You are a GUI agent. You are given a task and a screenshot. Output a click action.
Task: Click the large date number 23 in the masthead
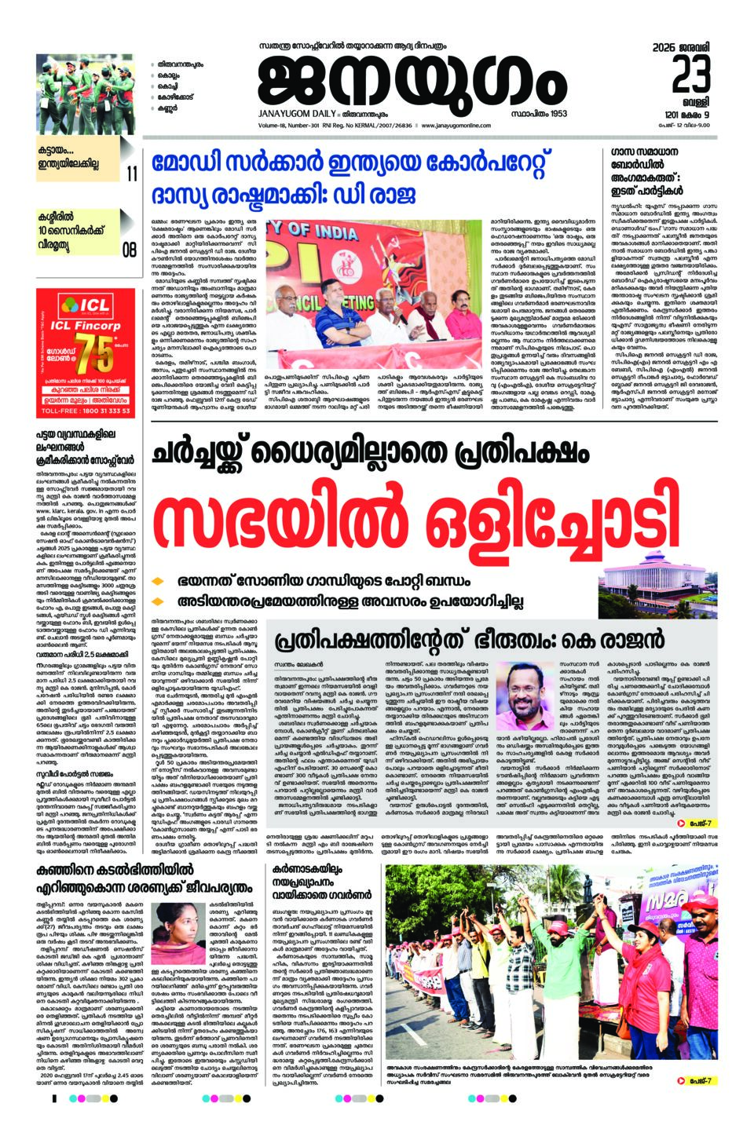click(x=691, y=77)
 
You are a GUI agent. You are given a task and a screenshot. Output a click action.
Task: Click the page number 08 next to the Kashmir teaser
click(x=130, y=250)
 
